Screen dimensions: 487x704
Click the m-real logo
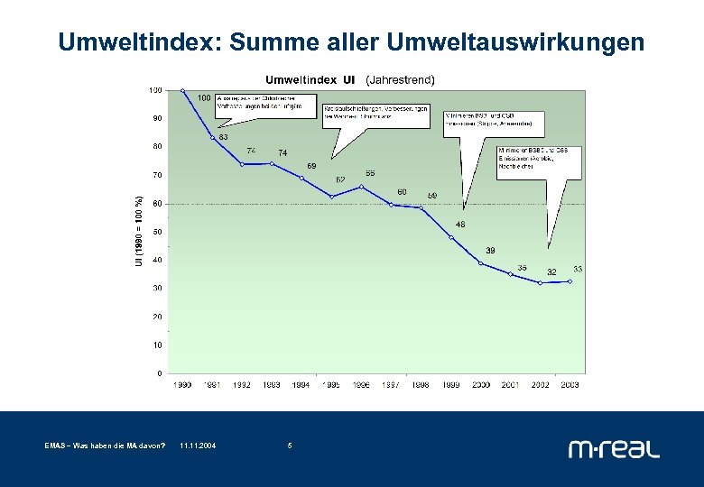pyautogui.click(x=614, y=447)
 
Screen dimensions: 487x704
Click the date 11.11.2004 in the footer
pyautogui.click(x=198, y=446)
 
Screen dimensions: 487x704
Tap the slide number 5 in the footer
pyautogui.click(x=289, y=446)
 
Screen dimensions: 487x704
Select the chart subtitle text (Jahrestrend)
pyautogui.click(x=400, y=79)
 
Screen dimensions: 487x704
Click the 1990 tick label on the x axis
pyautogui.click(x=182, y=384)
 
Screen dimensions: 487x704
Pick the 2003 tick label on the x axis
pyautogui.click(x=570, y=384)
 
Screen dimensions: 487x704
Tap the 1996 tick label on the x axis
pyautogui.click(x=361, y=384)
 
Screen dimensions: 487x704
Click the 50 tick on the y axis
pyautogui.click(x=157, y=232)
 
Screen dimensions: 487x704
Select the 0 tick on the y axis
pyautogui.click(x=160, y=372)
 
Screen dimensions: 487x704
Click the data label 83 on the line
pyautogui.click(x=222, y=137)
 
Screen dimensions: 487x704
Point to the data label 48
pyautogui.click(x=460, y=224)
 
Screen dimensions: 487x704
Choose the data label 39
pyautogui.click(x=490, y=250)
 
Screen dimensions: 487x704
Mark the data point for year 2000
pyautogui.click(x=481, y=263)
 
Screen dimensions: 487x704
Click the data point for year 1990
pyautogui.click(x=182, y=90)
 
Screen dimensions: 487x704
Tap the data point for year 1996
pyautogui.click(x=361, y=187)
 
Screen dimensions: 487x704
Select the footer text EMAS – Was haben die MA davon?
pyautogui.click(x=105, y=446)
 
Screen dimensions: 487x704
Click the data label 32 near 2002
pyautogui.click(x=551, y=271)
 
